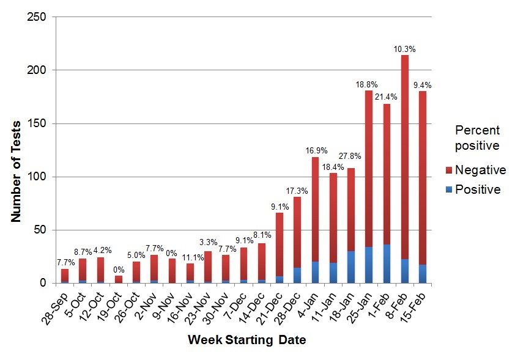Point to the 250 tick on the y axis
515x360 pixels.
[37, 17]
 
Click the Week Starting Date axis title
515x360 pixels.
[246, 340]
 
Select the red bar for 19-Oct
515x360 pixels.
[119, 279]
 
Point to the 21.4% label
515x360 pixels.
[387, 97]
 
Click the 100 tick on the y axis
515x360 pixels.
[37, 177]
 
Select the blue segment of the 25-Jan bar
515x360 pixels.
[369, 265]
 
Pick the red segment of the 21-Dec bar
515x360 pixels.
[280, 244]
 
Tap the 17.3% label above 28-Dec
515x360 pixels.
[297, 191]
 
